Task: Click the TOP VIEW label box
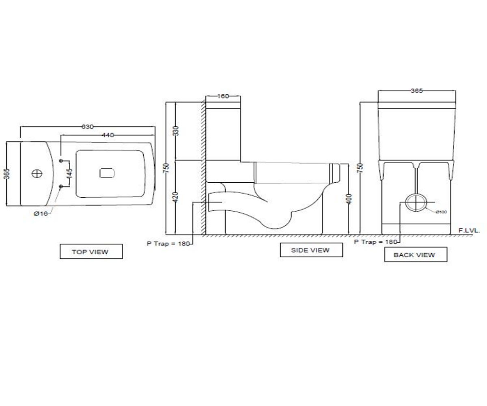pyautogui.click(x=91, y=251)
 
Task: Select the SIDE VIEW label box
pyautogui.click(x=311, y=250)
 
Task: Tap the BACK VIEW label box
pyautogui.click(x=416, y=254)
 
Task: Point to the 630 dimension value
pyautogui.click(x=88, y=127)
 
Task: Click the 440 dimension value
pyautogui.click(x=108, y=135)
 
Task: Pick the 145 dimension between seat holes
pyautogui.click(x=69, y=173)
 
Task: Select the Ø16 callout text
pyautogui.click(x=41, y=214)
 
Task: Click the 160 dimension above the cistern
pyautogui.click(x=223, y=96)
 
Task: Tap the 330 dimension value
pyautogui.click(x=176, y=131)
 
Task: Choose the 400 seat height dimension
pyautogui.click(x=349, y=199)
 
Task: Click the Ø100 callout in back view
pyautogui.click(x=441, y=212)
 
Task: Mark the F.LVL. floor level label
pyautogui.click(x=469, y=231)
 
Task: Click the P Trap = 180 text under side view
pyautogui.click(x=168, y=244)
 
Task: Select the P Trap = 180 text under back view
pyautogui.click(x=375, y=242)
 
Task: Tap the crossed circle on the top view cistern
pyautogui.click(x=37, y=174)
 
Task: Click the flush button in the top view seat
pyautogui.click(x=107, y=173)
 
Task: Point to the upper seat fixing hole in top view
pyautogui.click(x=61, y=161)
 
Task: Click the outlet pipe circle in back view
pyautogui.click(x=416, y=203)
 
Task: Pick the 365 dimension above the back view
pyautogui.click(x=416, y=91)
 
